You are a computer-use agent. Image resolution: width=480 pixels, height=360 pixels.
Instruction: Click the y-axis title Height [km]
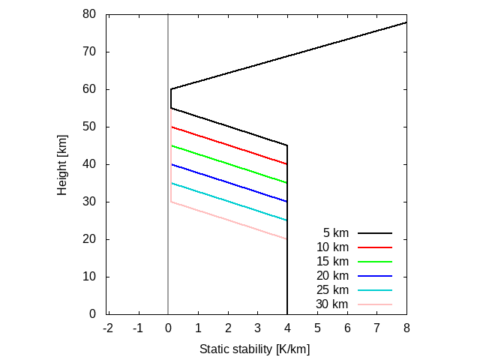tap(62, 163)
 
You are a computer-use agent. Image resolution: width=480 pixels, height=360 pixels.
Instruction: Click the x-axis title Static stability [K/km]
tap(254, 349)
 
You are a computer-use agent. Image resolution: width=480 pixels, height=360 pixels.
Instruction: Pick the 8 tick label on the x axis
tap(406, 328)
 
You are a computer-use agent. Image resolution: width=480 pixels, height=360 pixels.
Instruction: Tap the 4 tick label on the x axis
tap(287, 328)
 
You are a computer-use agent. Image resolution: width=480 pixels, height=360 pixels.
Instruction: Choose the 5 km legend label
tap(335, 233)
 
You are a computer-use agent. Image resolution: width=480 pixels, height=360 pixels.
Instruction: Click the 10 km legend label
tap(332, 247)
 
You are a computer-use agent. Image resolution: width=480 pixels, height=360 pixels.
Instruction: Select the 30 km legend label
tap(332, 304)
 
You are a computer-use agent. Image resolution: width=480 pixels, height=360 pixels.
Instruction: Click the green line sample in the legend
tap(375, 262)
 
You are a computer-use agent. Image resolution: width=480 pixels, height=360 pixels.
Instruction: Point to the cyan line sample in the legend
tap(375, 290)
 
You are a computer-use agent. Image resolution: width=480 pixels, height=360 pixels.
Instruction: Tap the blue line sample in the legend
tap(375, 276)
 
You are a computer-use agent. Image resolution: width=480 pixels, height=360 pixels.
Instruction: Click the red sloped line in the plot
tap(229, 145)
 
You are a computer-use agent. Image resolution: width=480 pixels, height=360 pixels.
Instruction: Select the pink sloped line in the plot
tap(229, 220)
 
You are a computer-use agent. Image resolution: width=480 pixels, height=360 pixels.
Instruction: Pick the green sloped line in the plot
tap(229, 164)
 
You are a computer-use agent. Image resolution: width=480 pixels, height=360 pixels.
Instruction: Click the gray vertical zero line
tap(167, 225)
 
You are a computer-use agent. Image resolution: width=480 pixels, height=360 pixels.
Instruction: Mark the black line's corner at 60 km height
tap(171, 89)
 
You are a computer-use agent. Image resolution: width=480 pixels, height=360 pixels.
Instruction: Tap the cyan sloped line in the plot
tap(229, 202)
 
